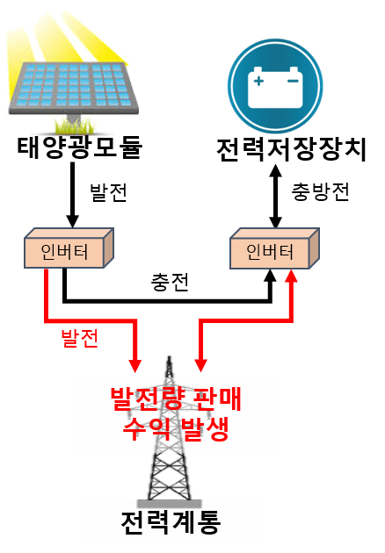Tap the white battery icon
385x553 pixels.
pyautogui.click(x=275, y=88)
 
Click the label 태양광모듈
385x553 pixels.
pyautogui.click(x=80, y=147)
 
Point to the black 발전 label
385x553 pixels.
pyautogui.click(x=108, y=192)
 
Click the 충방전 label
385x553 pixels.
pyautogui.click(x=320, y=192)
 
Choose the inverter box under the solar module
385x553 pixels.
pyautogui.click(x=69, y=248)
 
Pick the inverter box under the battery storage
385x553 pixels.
pyautogui.click(x=274, y=248)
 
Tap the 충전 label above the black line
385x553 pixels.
pyautogui.click(x=170, y=282)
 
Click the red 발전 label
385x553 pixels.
pyautogui.click(x=79, y=339)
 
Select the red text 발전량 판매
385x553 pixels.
pyautogui.click(x=176, y=399)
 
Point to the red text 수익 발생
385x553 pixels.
pyautogui.click(x=176, y=429)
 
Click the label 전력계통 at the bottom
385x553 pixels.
pyautogui.click(x=171, y=522)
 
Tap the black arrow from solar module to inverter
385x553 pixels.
pyautogui.click(x=72, y=195)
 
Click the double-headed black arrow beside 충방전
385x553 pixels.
pyautogui.click(x=275, y=196)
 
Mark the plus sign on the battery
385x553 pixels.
pyautogui.click(x=258, y=81)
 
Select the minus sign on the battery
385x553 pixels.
pyautogui.click(x=293, y=81)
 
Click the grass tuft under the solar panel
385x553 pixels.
pyautogui.click(x=75, y=126)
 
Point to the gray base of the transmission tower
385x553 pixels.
pyautogui.click(x=170, y=503)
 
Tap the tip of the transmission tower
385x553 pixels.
pyautogui.click(x=170, y=356)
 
